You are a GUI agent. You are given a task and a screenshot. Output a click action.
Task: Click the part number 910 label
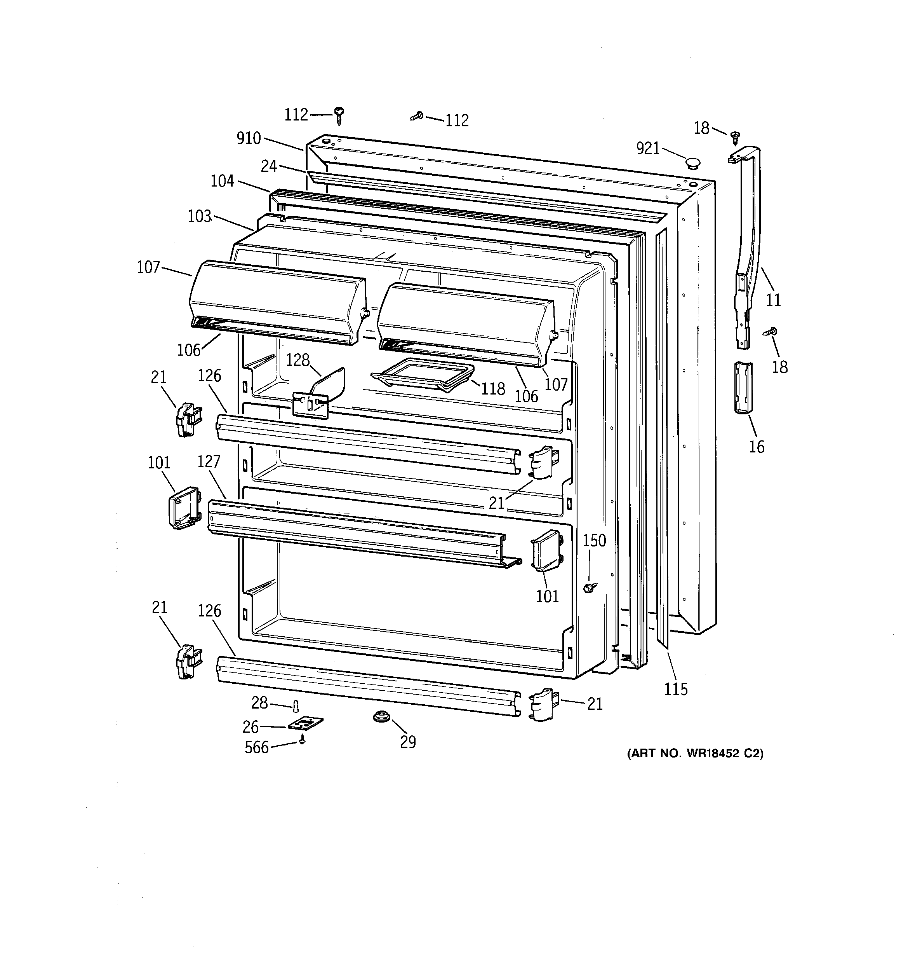coord(249,138)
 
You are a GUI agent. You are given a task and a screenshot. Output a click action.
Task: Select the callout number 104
coord(222,181)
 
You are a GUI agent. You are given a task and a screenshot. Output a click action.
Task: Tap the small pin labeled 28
coord(296,707)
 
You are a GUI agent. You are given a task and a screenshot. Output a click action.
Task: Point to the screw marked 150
coord(589,587)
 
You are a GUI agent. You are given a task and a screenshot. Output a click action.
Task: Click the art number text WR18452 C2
coord(695,753)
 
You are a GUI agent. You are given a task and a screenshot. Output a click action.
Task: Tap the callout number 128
coord(297,360)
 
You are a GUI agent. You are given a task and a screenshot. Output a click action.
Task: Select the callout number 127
coord(209,462)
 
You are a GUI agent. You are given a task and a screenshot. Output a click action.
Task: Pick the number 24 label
coord(269,166)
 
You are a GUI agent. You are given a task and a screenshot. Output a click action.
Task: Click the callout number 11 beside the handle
coord(773,300)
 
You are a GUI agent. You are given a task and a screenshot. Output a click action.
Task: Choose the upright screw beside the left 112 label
coord(340,115)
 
